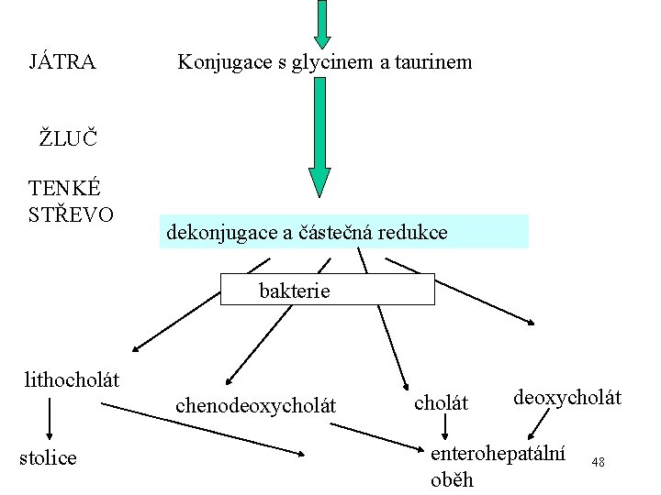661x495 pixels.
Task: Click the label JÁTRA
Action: pos(62,62)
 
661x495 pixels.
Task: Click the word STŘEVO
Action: pos(72,214)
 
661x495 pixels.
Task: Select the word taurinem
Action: pos(435,62)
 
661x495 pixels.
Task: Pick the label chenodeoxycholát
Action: pos(255,404)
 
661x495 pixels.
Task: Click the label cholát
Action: pos(442,401)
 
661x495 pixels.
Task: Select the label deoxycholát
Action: pos(567,397)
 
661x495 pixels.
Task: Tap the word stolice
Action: pos(48,456)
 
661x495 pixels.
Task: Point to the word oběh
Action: pos(452,478)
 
